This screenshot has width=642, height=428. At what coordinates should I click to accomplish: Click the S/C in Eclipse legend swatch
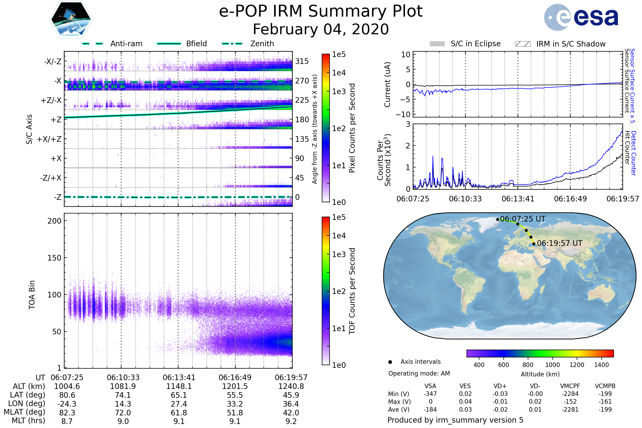[437, 44]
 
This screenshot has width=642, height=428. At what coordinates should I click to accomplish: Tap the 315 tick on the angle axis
[302, 61]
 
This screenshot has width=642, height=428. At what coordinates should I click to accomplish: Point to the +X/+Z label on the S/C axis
[49, 139]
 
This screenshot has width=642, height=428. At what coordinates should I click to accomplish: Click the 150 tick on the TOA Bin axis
[54, 258]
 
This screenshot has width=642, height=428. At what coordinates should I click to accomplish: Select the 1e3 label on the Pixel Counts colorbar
[339, 91]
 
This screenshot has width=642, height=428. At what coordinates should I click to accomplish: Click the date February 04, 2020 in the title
[321, 29]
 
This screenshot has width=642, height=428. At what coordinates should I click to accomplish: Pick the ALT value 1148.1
[179, 387]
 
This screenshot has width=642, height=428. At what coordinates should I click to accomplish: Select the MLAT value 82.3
[67, 413]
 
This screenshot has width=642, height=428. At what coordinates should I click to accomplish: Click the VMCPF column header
[570, 386]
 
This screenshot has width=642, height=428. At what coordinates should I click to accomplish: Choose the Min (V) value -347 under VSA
[430, 394]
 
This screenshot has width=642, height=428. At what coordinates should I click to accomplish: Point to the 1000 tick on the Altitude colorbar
[552, 365]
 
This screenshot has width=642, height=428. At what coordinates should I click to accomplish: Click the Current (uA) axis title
[387, 85]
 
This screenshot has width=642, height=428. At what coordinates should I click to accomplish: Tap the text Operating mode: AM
[419, 373]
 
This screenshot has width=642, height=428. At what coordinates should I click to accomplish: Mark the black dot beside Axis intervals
[390, 362]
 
